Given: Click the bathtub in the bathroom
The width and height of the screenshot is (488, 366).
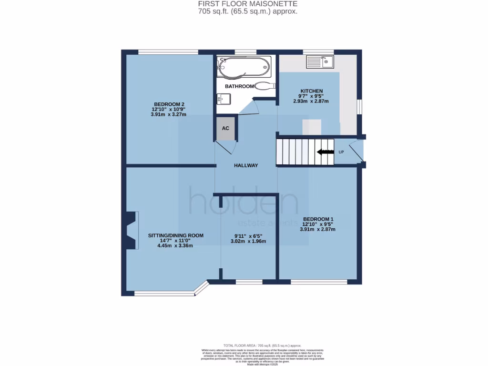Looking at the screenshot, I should coord(244,67).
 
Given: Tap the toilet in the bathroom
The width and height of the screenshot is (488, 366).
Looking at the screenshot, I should coord(264,86).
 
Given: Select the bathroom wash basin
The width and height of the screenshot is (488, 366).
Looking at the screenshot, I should coord(224,99).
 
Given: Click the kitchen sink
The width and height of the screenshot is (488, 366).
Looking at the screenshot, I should coord(320,61).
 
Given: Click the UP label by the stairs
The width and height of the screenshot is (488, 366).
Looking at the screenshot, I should coord(341,152).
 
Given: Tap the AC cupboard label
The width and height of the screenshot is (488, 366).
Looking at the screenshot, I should coord(226,129).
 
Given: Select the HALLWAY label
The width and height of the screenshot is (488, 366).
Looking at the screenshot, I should coord(246,165).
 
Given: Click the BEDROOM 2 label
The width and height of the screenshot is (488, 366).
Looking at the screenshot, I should coord(169,104).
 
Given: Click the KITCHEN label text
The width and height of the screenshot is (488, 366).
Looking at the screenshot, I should coord(311,91).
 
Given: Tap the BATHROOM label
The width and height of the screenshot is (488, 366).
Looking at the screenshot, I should coord(239,86).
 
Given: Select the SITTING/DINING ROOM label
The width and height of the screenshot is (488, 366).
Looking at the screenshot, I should coord(176,235).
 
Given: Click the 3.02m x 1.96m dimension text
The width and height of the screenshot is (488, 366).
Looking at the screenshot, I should coord(248,241).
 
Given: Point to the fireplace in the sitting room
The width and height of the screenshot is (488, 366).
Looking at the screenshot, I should coord(132,230).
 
